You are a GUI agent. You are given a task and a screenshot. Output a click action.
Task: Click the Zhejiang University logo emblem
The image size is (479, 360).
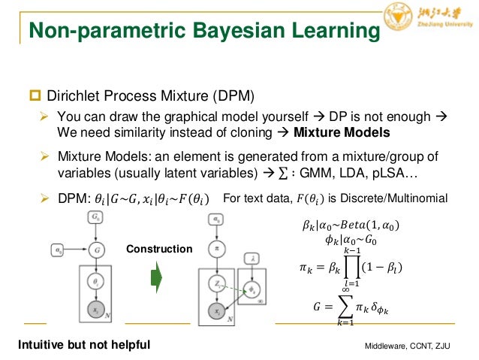click(399, 17)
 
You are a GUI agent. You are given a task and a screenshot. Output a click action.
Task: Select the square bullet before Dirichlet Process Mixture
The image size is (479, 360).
click(34, 97)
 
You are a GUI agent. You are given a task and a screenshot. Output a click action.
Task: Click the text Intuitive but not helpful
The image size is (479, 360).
click(83, 344)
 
